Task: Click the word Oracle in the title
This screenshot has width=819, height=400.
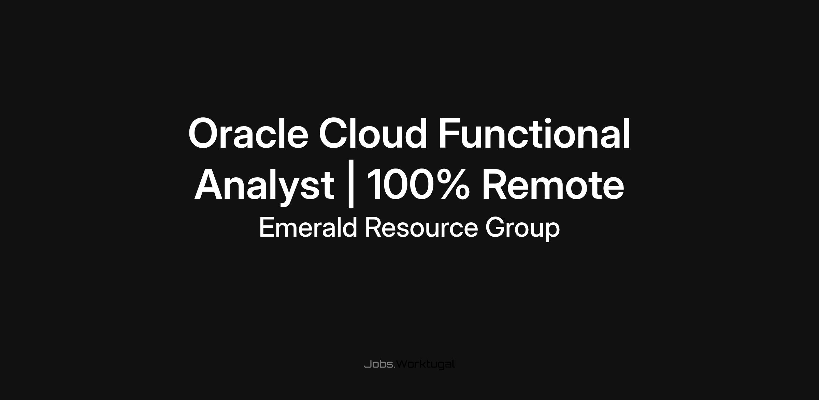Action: pos(248,133)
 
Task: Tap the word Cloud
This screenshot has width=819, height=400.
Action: pos(373,133)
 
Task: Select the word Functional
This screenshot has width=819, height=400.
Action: pos(534,133)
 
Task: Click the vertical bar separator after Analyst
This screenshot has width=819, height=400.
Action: pos(350,188)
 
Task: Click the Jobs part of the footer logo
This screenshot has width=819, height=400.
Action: pos(379,364)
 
